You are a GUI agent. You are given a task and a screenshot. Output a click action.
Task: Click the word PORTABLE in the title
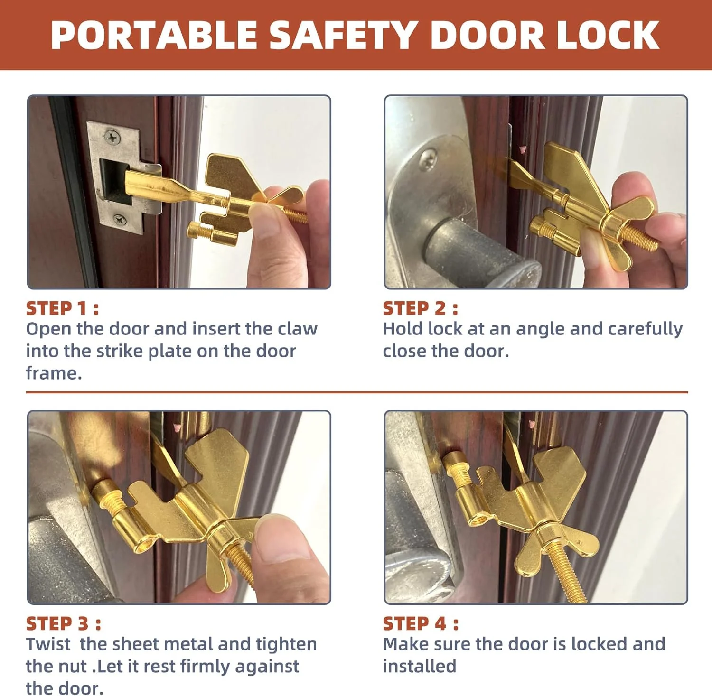click(x=154, y=35)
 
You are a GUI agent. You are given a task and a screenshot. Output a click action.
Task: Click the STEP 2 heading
click(x=421, y=308)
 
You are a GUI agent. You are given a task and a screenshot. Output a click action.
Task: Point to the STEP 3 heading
click(x=64, y=623)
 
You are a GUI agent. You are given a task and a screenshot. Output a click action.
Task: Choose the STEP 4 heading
click(x=421, y=623)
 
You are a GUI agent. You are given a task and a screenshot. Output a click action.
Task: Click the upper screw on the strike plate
click(x=112, y=137)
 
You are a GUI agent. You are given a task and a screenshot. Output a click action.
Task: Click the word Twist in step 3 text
click(x=48, y=644)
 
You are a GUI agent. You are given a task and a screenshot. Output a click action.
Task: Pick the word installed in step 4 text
click(x=420, y=666)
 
